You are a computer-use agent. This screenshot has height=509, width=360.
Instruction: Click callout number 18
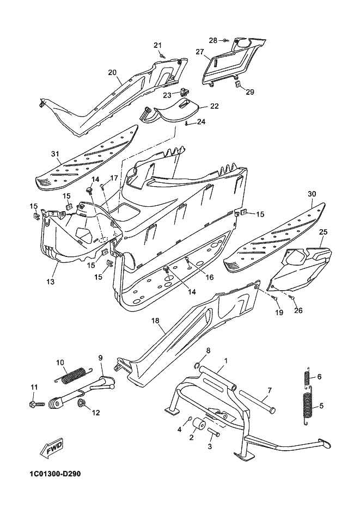[x=155, y=321]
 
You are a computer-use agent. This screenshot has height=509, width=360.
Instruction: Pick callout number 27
[x=199, y=52]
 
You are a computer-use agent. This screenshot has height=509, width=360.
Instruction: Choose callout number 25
[x=323, y=232]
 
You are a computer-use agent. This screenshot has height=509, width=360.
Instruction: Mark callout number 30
[x=312, y=194]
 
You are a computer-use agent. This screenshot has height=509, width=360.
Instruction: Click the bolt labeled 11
[x=36, y=404]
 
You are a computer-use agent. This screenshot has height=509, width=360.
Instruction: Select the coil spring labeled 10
[x=72, y=375]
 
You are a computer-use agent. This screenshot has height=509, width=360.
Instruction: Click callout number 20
[x=112, y=72]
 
